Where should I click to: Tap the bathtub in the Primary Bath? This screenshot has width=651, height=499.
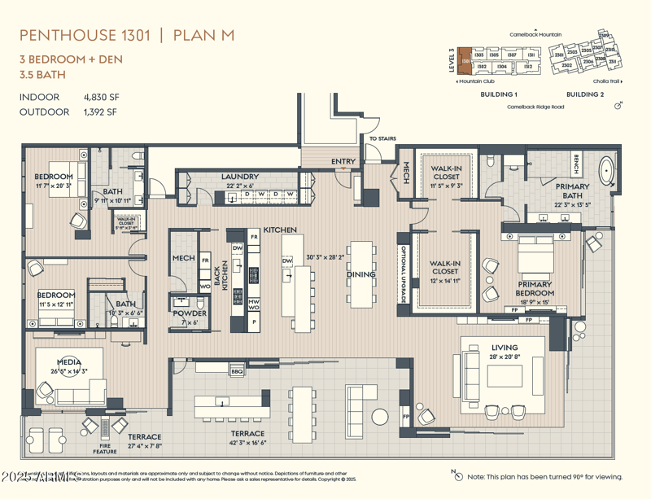(x=606, y=171)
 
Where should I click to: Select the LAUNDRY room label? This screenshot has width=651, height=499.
(x=239, y=177)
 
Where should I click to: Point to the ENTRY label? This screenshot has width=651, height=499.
(x=343, y=161)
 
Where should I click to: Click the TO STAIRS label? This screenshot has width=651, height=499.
(x=382, y=138)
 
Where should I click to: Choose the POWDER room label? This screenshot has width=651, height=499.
(x=189, y=313)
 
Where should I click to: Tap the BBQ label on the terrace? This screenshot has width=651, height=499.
(x=238, y=371)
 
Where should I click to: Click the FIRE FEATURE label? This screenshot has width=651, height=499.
(x=104, y=448)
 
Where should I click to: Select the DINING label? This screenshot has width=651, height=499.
(x=361, y=274)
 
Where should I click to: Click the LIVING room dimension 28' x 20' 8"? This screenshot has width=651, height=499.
(x=505, y=357)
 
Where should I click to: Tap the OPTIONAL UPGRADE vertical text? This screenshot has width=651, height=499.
(x=402, y=275)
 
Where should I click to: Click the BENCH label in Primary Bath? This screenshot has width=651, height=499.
(x=576, y=165)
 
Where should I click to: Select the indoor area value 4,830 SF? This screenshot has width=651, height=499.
(x=101, y=97)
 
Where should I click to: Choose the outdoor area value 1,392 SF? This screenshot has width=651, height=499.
(x=100, y=112)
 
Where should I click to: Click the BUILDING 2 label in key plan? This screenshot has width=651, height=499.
(x=584, y=94)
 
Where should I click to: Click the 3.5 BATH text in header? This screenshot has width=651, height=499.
(x=42, y=74)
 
